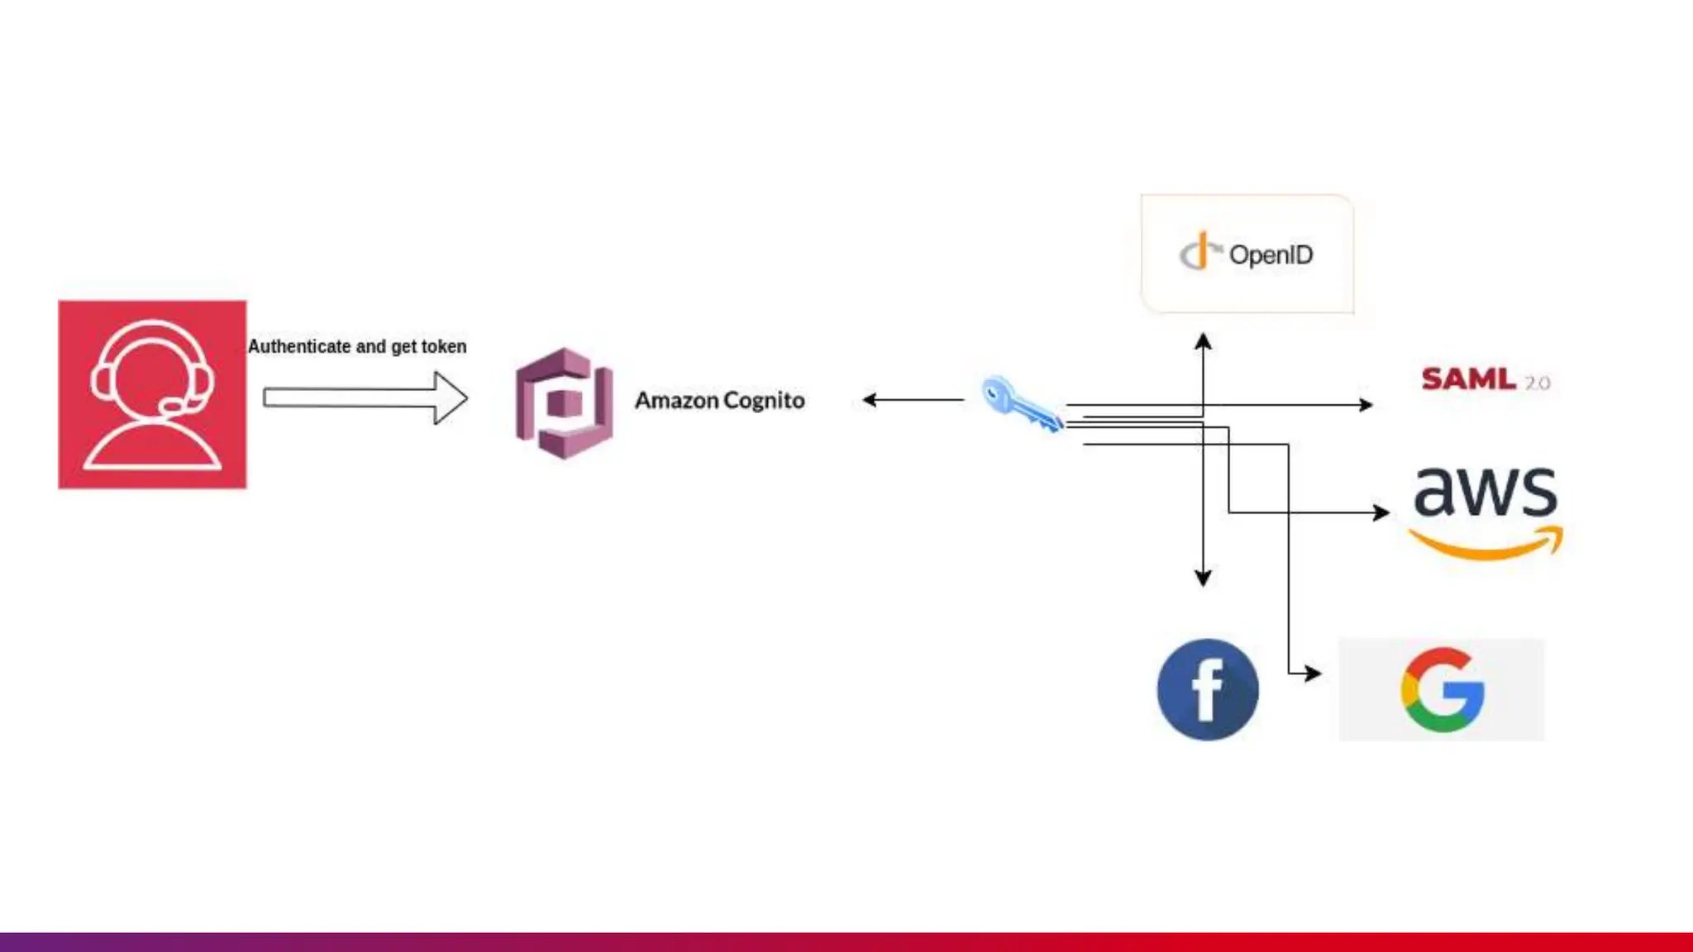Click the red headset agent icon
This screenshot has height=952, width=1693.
tap(152, 394)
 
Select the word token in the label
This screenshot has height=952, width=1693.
tap(444, 346)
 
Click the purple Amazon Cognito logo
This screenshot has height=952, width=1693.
tap(565, 402)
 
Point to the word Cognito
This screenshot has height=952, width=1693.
tap(764, 401)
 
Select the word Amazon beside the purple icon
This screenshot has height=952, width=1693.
tap(676, 401)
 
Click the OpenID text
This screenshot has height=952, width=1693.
tap(1271, 255)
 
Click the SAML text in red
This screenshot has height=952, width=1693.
tap(1468, 379)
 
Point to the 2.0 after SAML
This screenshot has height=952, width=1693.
tap(1538, 383)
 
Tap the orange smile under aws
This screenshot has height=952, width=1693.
tap(1486, 545)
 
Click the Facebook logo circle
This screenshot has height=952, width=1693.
tap(1208, 689)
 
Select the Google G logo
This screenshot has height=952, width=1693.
tap(1443, 689)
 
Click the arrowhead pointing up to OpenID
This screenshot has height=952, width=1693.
tap(1204, 340)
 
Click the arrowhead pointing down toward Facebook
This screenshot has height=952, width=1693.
tap(1204, 578)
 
